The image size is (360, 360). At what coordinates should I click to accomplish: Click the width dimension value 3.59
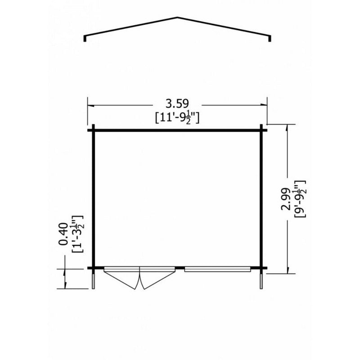[x=176, y=105]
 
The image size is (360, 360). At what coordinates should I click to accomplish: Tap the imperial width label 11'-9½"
[x=176, y=118]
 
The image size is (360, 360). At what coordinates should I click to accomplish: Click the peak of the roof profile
[x=177, y=18]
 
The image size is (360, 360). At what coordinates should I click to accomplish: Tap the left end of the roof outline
[x=85, y=40]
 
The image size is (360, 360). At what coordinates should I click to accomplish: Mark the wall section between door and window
[x=180, y=269]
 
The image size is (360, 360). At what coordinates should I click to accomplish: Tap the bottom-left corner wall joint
[x=94, y=269]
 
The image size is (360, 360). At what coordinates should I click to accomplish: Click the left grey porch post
[x=94, y=281]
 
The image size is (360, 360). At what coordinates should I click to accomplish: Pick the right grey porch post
[x=261, y=281]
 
